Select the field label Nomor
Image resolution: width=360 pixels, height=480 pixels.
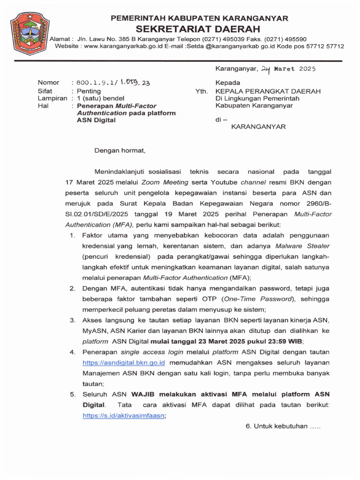click(48, 82)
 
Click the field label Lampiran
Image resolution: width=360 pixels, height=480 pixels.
click(52, 98)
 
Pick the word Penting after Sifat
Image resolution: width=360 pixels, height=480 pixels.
click(89, 90)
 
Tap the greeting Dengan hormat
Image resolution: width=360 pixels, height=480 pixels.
click(120, 151)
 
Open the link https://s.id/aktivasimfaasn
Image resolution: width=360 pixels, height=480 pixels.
click(124, 415)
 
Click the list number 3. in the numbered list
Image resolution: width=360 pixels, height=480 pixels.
click(73, 320)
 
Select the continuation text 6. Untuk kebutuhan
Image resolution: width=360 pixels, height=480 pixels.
click(282, 427)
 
